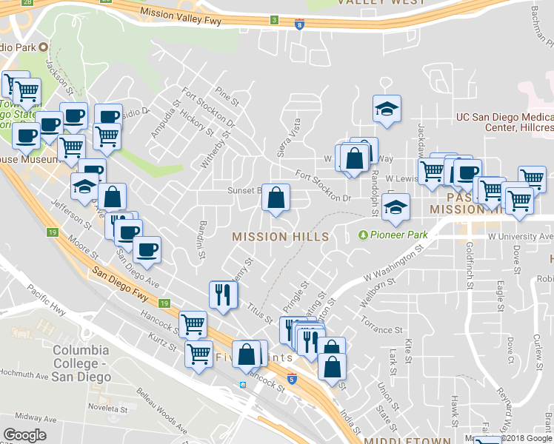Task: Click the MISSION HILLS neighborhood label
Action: pyautogui.click(x=280, y=237)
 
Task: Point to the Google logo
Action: pyautogui.click(x=24, y=435)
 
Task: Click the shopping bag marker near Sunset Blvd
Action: pyautogui.click(x=276, y=198)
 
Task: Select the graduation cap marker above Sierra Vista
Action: pyautogui.click(x=387, y=110)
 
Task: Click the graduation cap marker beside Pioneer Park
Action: pyautogui.click(x=396, y=209)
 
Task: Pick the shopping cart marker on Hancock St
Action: pyautogui.click(x=193, y=323)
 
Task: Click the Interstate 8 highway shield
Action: pyautogui.click(x=299, y=24)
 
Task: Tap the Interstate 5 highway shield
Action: pyautogui.click(x=292, y=378)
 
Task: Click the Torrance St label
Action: pyautogui.click(x=381, y=324)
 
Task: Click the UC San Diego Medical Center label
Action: pyautogui.click(x=504, y=122)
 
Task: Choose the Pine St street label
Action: pyautogui.click(x=227, y=96)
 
